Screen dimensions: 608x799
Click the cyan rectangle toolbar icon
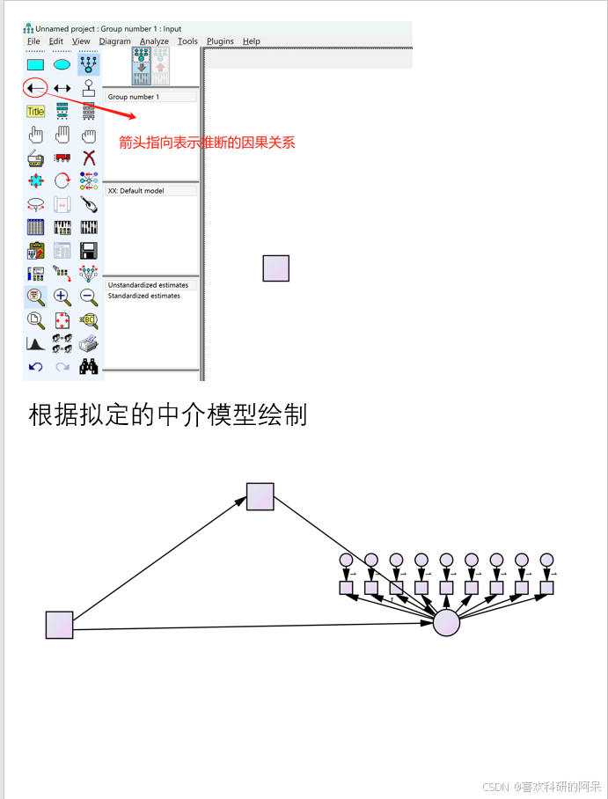point(35,64)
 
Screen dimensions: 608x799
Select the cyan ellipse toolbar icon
point(62,64)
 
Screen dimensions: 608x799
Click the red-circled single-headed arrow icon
point(35,88)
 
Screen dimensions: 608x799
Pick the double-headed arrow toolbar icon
point(62,88)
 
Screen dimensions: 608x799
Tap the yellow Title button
point(35,112)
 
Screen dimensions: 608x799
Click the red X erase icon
point(88,158)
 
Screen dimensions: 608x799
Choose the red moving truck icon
point(62,158)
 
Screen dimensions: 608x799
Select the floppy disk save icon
point(88,251)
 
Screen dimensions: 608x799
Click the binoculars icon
point(88,367)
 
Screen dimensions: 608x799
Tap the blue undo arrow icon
point(35,367)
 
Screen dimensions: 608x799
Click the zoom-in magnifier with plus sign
point(62,297)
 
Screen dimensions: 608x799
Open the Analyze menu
point(154,41)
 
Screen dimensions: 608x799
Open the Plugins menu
point(220,41)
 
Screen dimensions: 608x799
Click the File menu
point(33,41)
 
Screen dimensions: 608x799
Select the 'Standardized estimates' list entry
point(143,296)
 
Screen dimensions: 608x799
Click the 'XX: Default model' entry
point(136,191)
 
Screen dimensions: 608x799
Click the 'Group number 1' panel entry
point(133,97)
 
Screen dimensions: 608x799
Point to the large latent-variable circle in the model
point(446,623)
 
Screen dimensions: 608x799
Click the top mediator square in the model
point(260,496)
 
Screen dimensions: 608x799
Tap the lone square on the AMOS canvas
point(275,268)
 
